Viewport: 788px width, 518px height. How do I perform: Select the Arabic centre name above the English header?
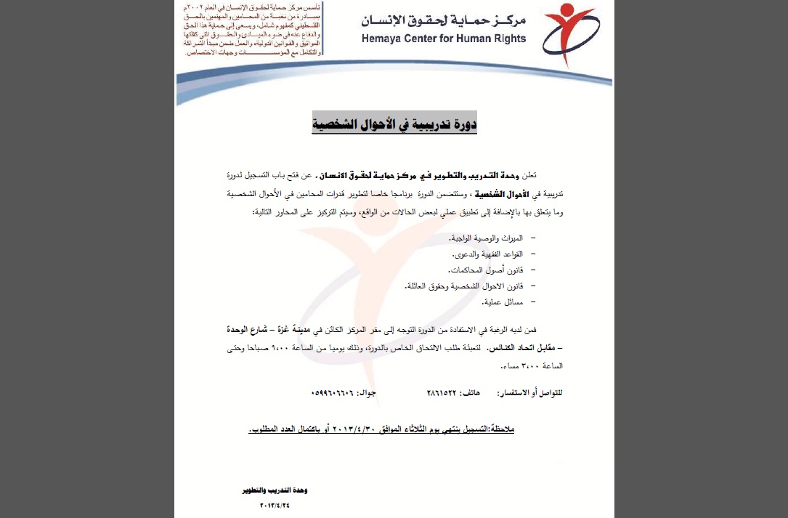point(444,20)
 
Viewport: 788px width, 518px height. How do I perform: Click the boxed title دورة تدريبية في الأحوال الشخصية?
point(394,124)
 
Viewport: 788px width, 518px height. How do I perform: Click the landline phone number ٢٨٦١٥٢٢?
point(443,392)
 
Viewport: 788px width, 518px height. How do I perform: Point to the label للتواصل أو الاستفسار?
point(529,392)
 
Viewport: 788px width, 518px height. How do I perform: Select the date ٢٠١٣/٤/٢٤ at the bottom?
point(269,504)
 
